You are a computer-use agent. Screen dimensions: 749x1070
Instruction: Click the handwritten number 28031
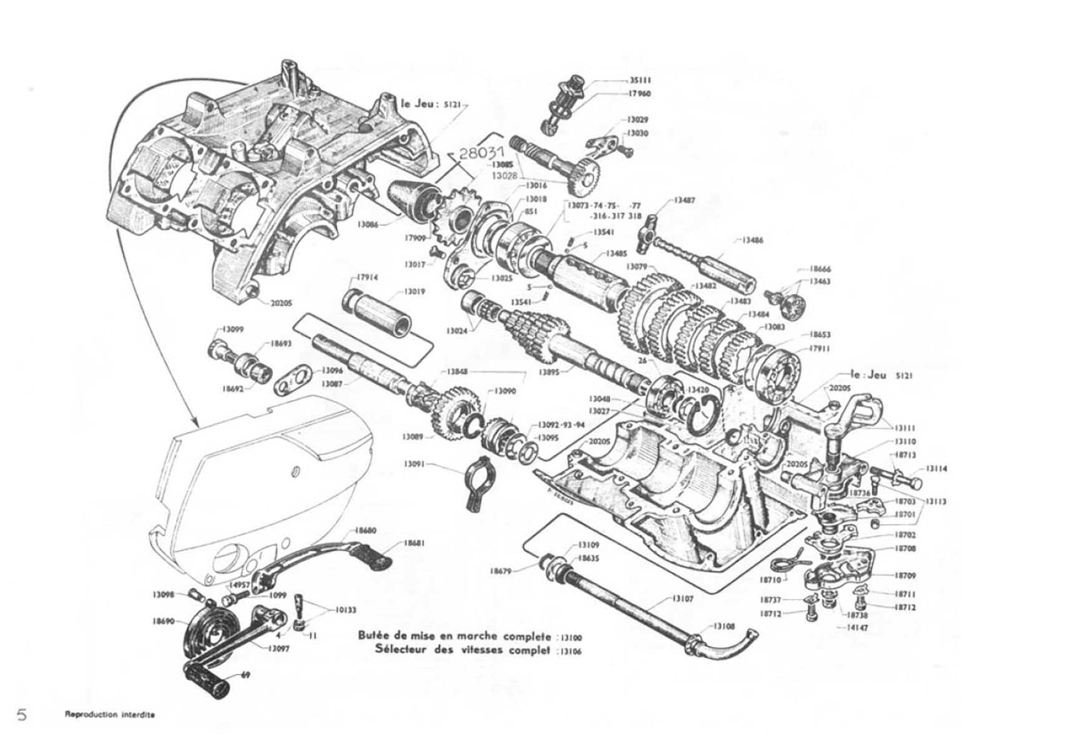coord(481,154)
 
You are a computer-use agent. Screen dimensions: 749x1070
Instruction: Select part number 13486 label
coord(752,240)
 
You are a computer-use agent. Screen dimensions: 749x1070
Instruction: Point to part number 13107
coord(683,599)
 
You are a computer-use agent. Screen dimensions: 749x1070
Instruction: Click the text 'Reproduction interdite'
coord(109,715)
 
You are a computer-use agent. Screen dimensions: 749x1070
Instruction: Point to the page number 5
coord(22,715)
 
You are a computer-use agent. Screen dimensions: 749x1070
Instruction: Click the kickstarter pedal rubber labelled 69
coord(206,675)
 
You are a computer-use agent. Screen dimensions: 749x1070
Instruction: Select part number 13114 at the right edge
coord(936,468)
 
